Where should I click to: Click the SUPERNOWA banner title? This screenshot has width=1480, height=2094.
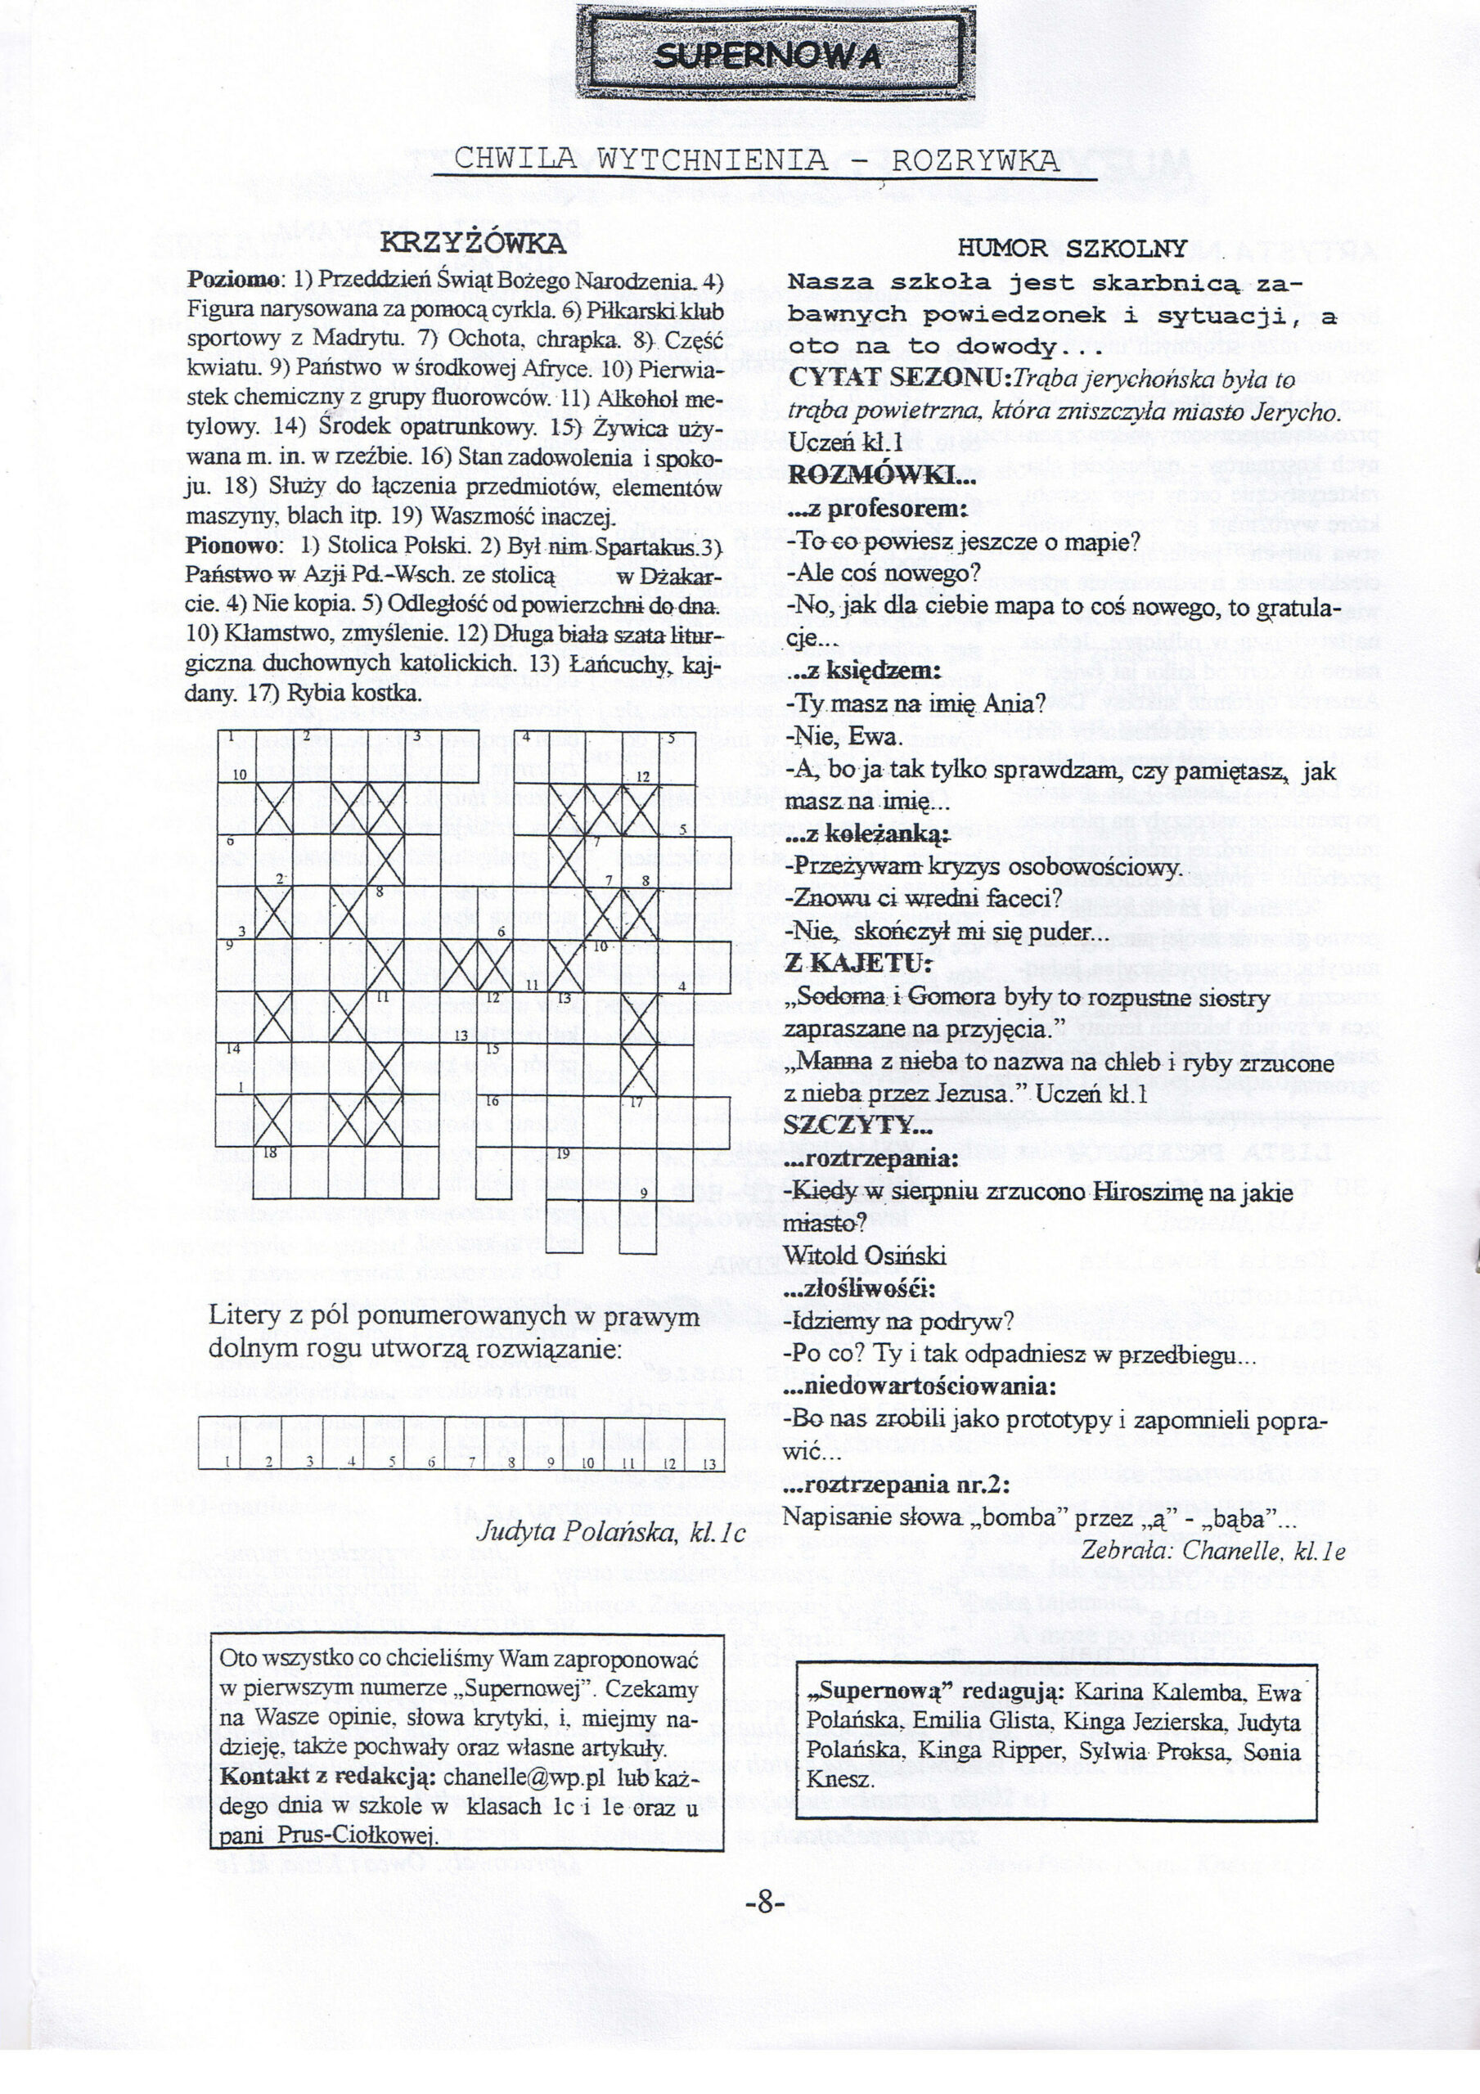tap(768, 57)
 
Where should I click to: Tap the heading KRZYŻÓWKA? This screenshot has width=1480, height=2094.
tap(473, 245)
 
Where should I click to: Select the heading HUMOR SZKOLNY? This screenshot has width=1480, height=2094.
tap(1072, 248)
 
